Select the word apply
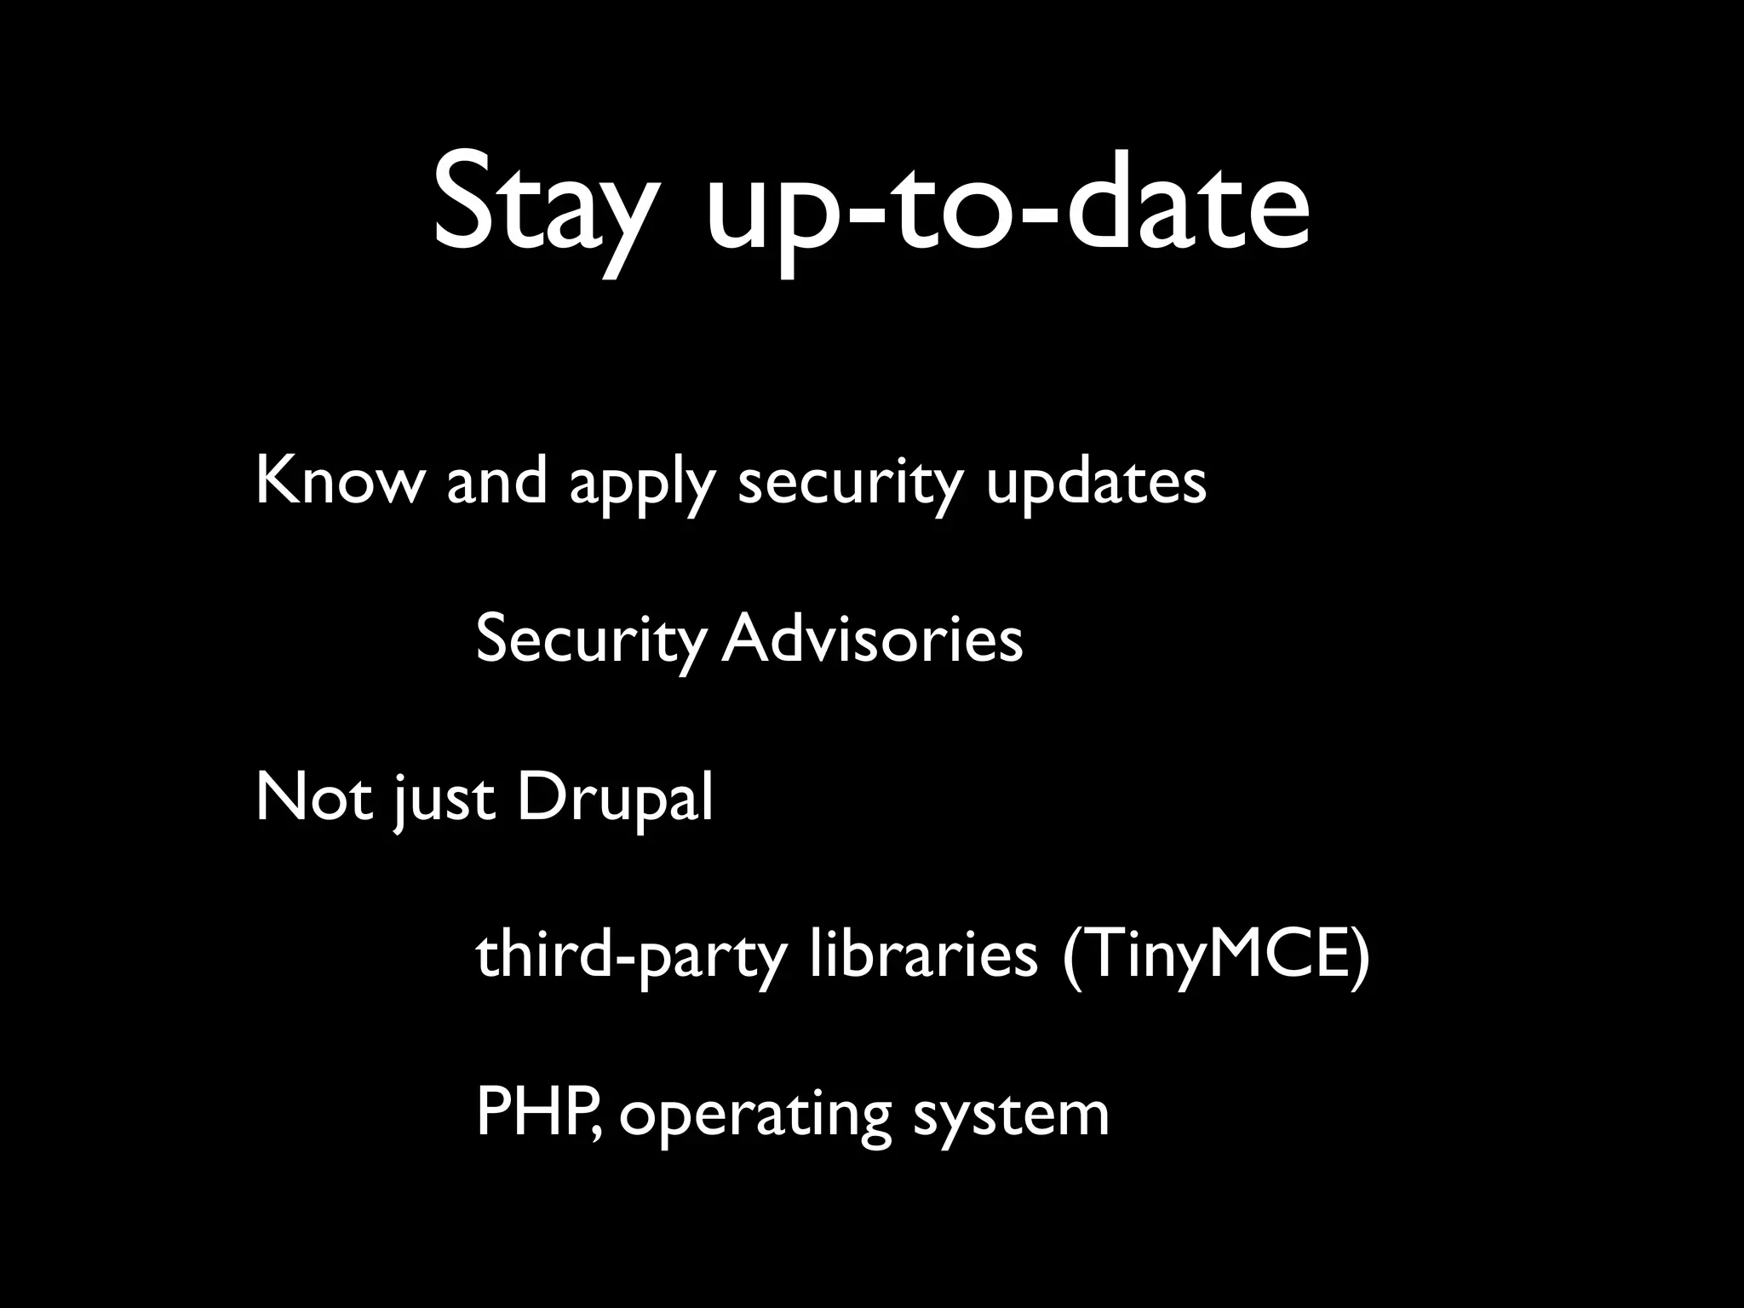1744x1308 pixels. point(640,484)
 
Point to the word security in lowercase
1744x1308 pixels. point(849,484)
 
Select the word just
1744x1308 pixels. point(444,800)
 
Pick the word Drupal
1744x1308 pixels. point(614,799)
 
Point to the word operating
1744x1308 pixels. point(754,1116)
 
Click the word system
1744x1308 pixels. point(1011,1116)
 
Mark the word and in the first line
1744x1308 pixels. point(496,480)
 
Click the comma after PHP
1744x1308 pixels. point(601,1133)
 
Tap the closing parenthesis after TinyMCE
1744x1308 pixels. point(1360,955)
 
